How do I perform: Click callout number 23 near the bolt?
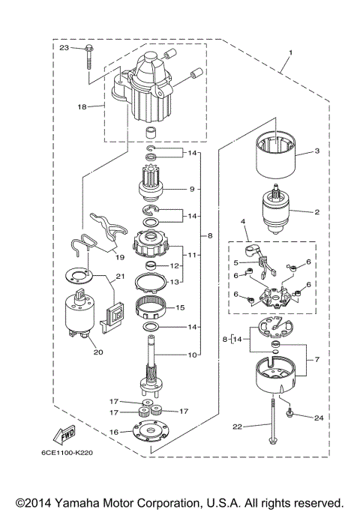pyautogui.click(x=64, y=48)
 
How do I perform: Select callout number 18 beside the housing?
pyautogui.click(x=82, y=107)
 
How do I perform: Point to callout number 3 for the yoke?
pyautogui.click(x=316, y=151)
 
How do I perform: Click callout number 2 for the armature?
pyautogui.click(x=316, y=212)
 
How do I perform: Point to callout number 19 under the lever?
pyautogui.click(x=119, y=256)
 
